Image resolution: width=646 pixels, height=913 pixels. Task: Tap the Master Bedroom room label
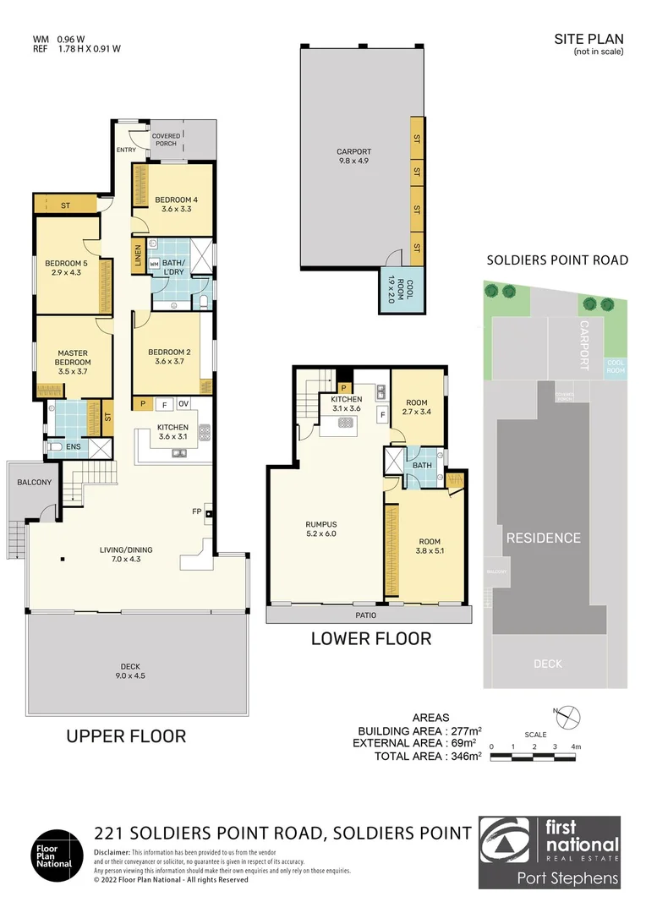click(73, 358)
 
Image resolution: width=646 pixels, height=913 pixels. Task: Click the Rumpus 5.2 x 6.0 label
click(321, 528)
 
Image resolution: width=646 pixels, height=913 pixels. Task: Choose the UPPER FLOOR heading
click(126, 736)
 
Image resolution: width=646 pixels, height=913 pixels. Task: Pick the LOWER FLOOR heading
click(371, 638)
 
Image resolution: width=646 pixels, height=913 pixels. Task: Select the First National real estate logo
click(550, 852)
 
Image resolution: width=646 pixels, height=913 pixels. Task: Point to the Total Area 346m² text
click(428, 756)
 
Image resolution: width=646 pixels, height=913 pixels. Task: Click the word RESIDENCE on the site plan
click(544, 538)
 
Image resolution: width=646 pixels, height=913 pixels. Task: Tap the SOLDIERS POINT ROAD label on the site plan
click(557, 260)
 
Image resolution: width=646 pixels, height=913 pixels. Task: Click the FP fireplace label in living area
click(197, 511)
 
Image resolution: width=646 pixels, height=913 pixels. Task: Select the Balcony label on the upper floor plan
click(35, 483)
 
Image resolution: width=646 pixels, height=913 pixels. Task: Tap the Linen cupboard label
click(138, 257)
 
